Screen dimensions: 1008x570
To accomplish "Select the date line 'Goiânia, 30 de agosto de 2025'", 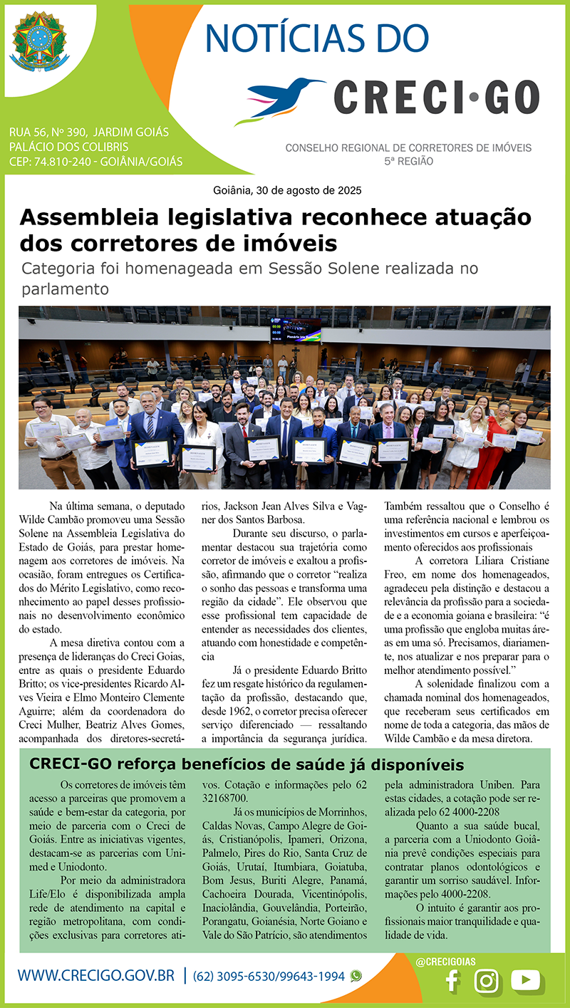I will (x=287, y=190).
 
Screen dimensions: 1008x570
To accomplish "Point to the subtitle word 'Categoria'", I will (x=56, y=269).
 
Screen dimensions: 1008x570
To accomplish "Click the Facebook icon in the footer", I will (x=451, y=981).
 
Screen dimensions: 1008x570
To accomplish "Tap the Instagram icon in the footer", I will (x=487, y=981).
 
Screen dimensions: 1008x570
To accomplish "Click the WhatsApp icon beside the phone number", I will (x=356, y=976).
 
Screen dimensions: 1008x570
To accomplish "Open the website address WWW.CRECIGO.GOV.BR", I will (x=96, y=976).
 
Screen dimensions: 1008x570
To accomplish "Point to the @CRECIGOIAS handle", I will (x=445, y=962).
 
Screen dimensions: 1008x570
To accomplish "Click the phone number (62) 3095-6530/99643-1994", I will (x=269, y=976).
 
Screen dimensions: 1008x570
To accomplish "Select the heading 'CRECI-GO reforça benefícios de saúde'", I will (x=247, y=765).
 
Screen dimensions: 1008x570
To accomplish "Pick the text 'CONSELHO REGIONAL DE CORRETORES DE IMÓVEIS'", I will (x=408, y=148).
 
